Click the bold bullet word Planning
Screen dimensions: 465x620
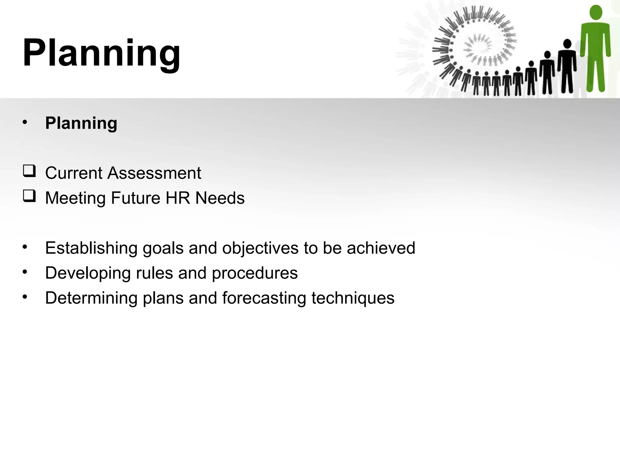[x=81, y=123]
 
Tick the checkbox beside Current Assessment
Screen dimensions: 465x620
[x=29, y=171]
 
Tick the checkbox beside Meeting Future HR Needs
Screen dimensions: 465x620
[x=29, y=196]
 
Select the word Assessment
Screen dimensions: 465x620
[x=154, y=173]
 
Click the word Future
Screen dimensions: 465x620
[x=135, y=198]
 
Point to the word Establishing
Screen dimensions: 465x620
[x=91, y=248]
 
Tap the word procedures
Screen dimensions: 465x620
[x=255, y=273]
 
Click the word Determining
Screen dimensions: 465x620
[x=91, y=298]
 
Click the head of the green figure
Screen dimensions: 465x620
[x=596, y=13]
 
